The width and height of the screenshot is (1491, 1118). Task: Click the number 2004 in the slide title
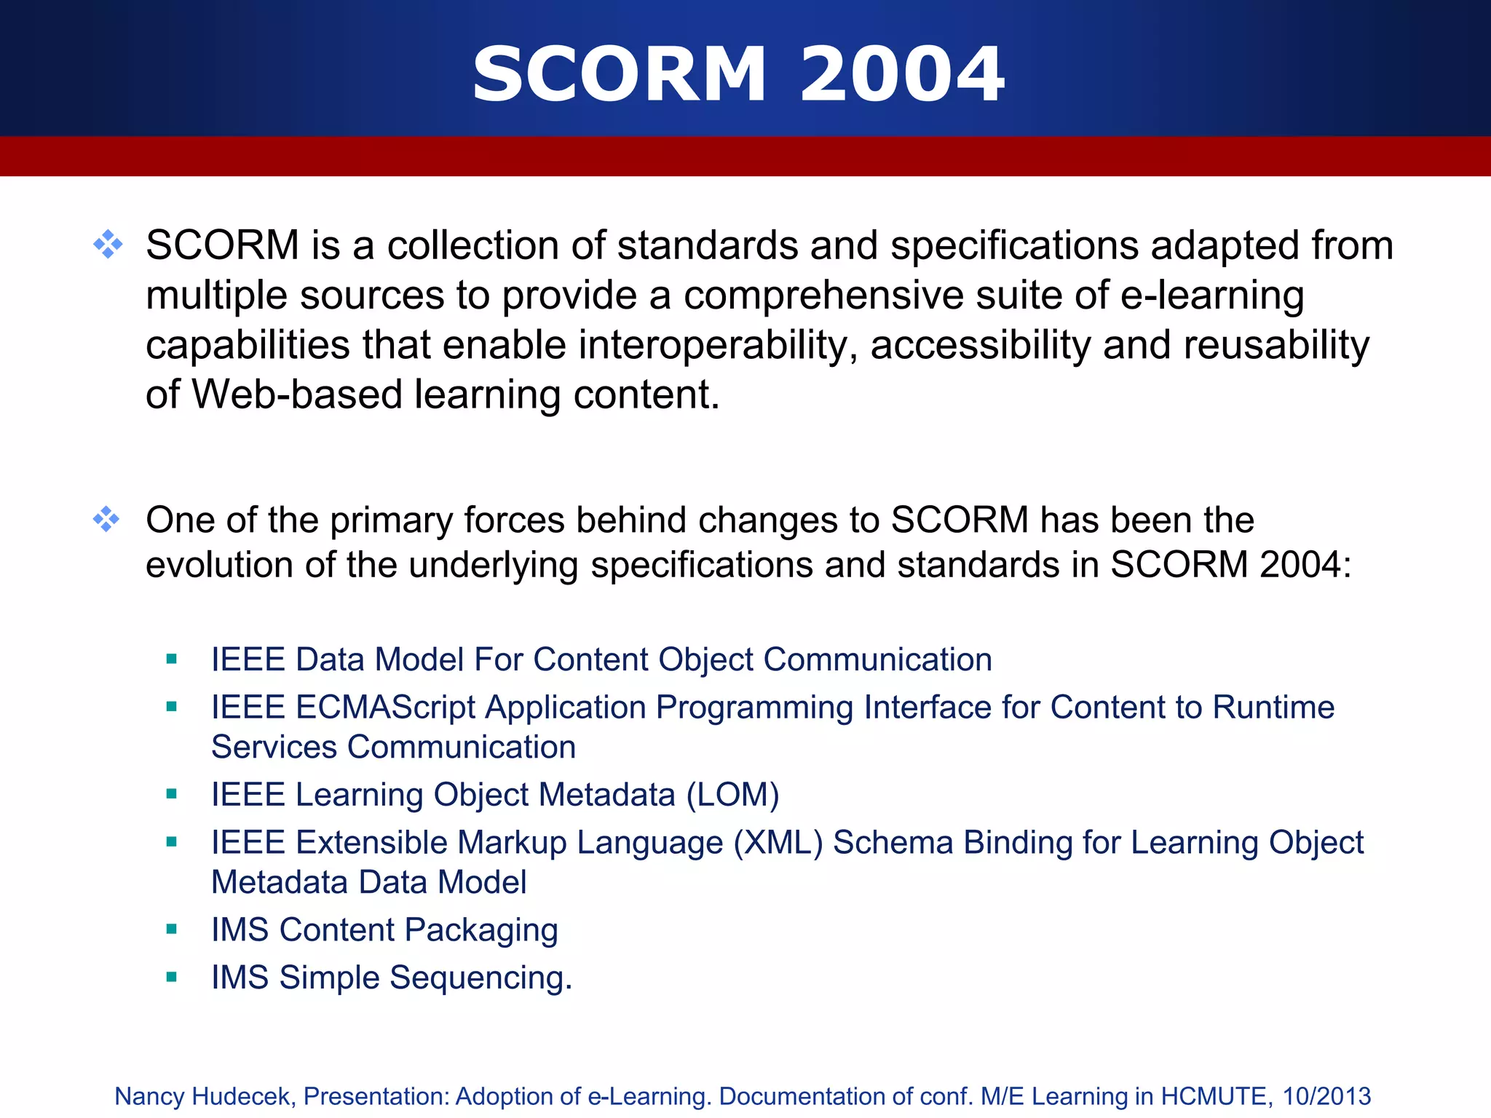click(902, 74)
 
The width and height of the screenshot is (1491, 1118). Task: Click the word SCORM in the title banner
click(620, 74)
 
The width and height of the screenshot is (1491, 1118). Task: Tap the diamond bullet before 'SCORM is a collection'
click(108, 245)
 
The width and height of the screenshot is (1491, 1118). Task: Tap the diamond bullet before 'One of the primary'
click(106, 519)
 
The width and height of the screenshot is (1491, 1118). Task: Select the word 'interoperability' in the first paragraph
click(717, 345)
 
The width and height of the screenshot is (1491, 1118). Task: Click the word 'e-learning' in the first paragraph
click(1212, 296)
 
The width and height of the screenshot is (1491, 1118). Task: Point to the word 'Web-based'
click(296, 395)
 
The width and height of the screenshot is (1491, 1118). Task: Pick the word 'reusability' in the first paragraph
click(1276, 345)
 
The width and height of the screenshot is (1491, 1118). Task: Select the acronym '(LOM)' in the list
click(732, 794)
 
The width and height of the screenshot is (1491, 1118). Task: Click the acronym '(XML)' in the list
click(778, 842)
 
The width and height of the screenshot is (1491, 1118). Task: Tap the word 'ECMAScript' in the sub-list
click(385, 707)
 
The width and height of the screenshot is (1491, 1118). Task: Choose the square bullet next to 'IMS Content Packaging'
click(172, 929)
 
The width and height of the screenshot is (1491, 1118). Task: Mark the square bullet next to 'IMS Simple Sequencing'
click(172, 977)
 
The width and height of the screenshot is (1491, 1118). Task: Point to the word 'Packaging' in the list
click(481, 930)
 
